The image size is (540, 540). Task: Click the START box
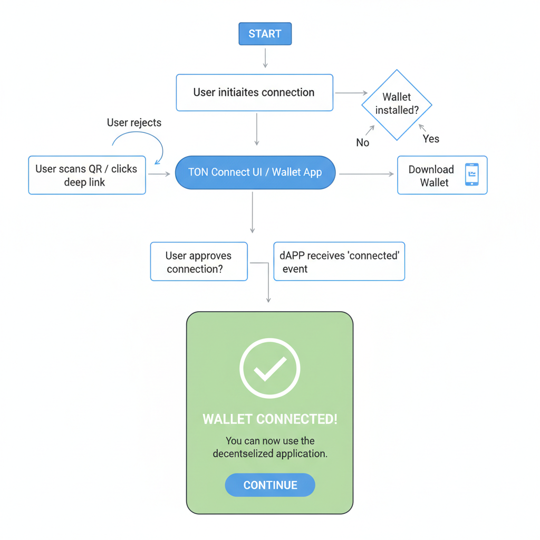265,34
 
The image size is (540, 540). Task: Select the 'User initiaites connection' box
254,93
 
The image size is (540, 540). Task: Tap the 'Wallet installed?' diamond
397,104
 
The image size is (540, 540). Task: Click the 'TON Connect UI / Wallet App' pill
255,172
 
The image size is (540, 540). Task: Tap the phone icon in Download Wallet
472,175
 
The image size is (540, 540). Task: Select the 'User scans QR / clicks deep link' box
87,176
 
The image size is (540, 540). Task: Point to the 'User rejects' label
134,123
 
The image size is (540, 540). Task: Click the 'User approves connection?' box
199,262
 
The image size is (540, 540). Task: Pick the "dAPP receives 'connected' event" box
339,262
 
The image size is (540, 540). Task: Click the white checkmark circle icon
270,368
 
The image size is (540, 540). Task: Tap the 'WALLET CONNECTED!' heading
270,419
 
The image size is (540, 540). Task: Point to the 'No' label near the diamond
363,142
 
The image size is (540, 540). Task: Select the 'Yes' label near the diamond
431,139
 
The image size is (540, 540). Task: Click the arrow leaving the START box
265,57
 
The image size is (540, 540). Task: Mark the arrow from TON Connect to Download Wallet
366,174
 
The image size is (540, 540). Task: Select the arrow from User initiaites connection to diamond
351,93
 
